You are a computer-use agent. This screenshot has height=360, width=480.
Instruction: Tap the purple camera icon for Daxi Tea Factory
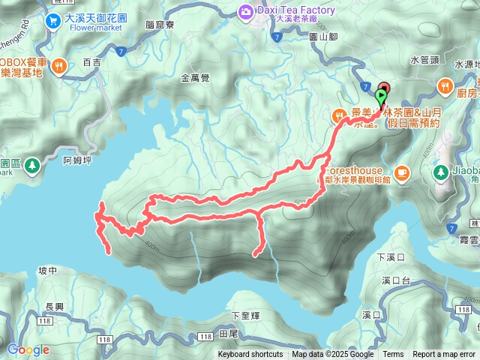coord(245,11)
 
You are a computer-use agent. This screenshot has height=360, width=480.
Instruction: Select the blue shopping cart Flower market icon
coord(52,21)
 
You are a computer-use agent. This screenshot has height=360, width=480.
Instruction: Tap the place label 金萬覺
coord(196,77)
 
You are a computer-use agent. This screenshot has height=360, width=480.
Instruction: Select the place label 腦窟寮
coord(161,25)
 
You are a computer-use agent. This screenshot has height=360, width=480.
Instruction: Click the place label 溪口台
coord(395,280)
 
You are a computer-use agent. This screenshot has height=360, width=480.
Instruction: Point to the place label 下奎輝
coord(245,316)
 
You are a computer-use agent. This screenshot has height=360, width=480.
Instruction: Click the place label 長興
coord(55,306)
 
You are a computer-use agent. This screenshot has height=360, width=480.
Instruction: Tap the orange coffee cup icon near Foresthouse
coord(402,172)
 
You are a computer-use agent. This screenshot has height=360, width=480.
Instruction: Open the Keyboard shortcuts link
coord(250,355)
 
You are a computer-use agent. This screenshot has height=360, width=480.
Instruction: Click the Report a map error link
coord(445,355)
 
